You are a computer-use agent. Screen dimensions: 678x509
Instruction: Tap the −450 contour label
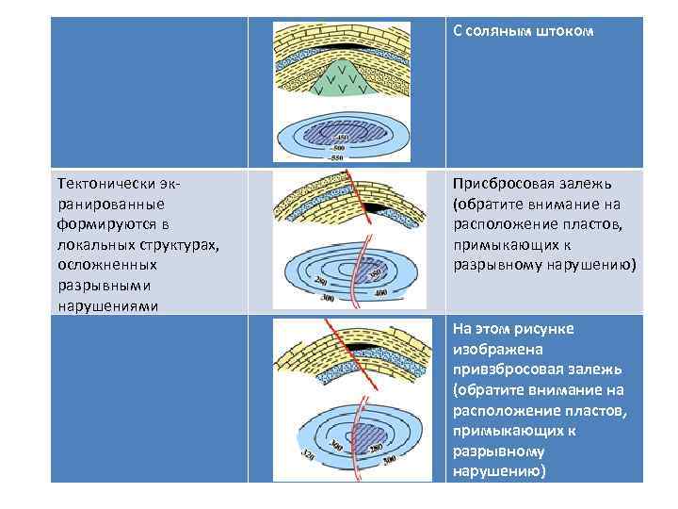340,138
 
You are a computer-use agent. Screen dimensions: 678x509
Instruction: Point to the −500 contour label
340,148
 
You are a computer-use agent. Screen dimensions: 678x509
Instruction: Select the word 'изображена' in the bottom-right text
492,347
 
